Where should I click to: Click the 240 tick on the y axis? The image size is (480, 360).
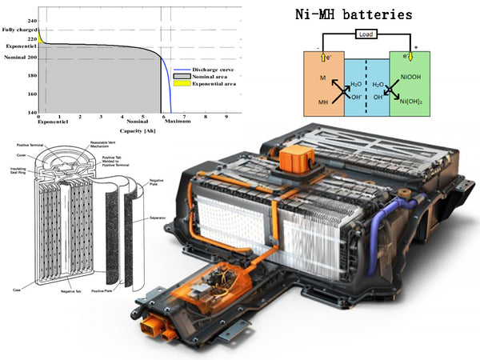[x=31, y=20]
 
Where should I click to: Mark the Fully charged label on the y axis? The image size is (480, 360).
[x=19, y=30]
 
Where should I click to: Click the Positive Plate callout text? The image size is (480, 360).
[x=111, y=289]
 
